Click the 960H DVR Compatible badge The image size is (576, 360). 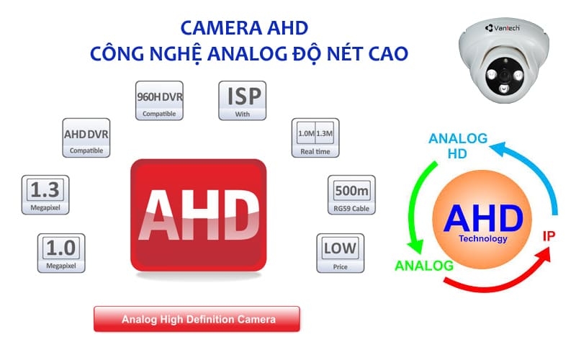pyautogui.click(x=159, y=101)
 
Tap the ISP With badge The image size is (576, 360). pyautogui.click(x=243, y=100)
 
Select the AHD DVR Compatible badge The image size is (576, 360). pyautogui.click(x=86, y=138)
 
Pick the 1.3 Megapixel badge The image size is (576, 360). pyautogui.click(x=45, y=194)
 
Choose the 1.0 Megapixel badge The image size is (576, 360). pyautogui.click(x=60, y=253)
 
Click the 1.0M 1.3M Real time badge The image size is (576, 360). pyautogui.click(x=315, y=137)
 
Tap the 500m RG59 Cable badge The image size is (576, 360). pyautogui.click(x=352, y=194)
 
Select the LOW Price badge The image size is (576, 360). pyautogui.click(x=341, y=253)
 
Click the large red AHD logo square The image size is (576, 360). pyautogui.click(x=198, y=215)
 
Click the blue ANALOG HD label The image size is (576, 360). pyautogui.click(x=458, y=145)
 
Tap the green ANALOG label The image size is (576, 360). pyautogui.click(x=424, y=266)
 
